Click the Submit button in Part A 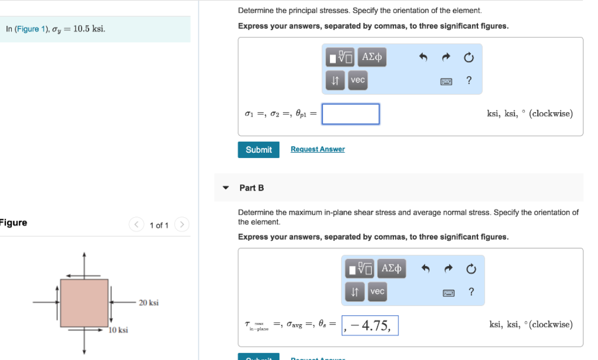258,150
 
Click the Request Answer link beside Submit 318,150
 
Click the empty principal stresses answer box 350,114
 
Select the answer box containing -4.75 370,325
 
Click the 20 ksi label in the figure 148,303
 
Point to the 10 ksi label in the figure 119,330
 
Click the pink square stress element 84,303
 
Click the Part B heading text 251,188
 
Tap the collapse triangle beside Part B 226,188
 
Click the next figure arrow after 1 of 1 182,225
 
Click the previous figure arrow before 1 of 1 137,225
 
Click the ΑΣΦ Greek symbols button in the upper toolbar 372,57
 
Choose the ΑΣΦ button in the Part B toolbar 391,268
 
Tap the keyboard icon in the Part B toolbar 447,292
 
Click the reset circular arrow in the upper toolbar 469,57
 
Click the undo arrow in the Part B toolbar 426,269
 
